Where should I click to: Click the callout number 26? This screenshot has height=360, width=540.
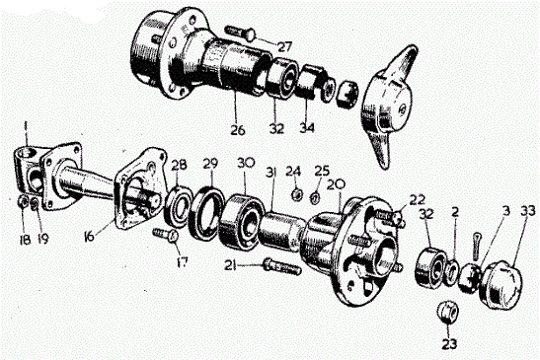tap(238, 130)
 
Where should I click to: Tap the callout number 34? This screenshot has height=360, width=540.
tap(307, 128)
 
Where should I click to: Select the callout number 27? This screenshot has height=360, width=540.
tap(284, 46)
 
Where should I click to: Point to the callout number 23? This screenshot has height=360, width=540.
tap(449, 343)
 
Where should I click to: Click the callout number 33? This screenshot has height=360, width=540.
tap(528, 211)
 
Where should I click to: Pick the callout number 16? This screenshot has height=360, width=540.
tap(89, 237)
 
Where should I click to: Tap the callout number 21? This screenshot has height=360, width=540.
tap(231, 265)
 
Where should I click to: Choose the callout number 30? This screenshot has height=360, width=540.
tap(246, 163)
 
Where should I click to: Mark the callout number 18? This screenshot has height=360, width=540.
tap(25, 240)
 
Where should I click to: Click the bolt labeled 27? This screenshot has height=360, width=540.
tap(240, 33)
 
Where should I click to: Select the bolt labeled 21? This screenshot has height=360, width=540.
tap(282, 266)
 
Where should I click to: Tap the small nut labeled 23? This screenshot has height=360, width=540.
tap(447, 311)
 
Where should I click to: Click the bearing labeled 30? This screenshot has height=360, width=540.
tap(240, 221)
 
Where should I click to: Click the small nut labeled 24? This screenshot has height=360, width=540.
tap(296, 195)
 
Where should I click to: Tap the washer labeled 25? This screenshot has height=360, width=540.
tap(315, 198)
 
